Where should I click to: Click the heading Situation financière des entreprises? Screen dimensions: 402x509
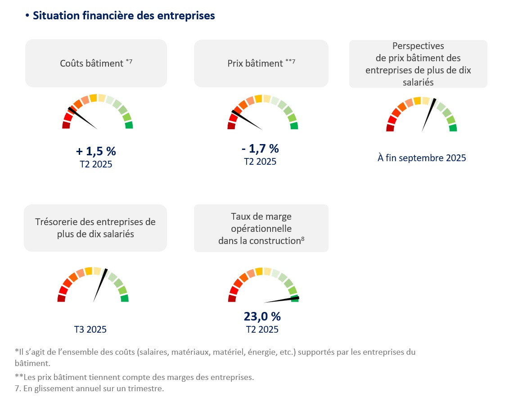tap(124, 16)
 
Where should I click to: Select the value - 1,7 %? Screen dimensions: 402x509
tap(260, 148)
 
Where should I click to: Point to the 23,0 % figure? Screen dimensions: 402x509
tap(262, 316)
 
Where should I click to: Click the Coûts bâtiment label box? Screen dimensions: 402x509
tap(96, 63)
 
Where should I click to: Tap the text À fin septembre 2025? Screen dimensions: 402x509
tap(422, 158)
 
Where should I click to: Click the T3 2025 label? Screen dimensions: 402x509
tap(90, 330)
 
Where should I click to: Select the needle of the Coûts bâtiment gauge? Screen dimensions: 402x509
tap(83, 118)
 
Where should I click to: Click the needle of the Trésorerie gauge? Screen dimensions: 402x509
tap(99, 285)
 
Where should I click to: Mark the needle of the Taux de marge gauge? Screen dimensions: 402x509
tap(281, 300)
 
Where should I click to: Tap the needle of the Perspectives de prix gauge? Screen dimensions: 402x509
tap(428, 115)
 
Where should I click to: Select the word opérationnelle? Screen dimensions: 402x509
tap(261, 229)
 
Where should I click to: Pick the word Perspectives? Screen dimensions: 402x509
tap(418, 46)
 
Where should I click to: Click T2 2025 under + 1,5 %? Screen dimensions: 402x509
tap(95, 164)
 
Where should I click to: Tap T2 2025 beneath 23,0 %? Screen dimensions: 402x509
tap(262, 330)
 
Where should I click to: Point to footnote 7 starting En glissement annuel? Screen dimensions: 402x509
tap(89, 388)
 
